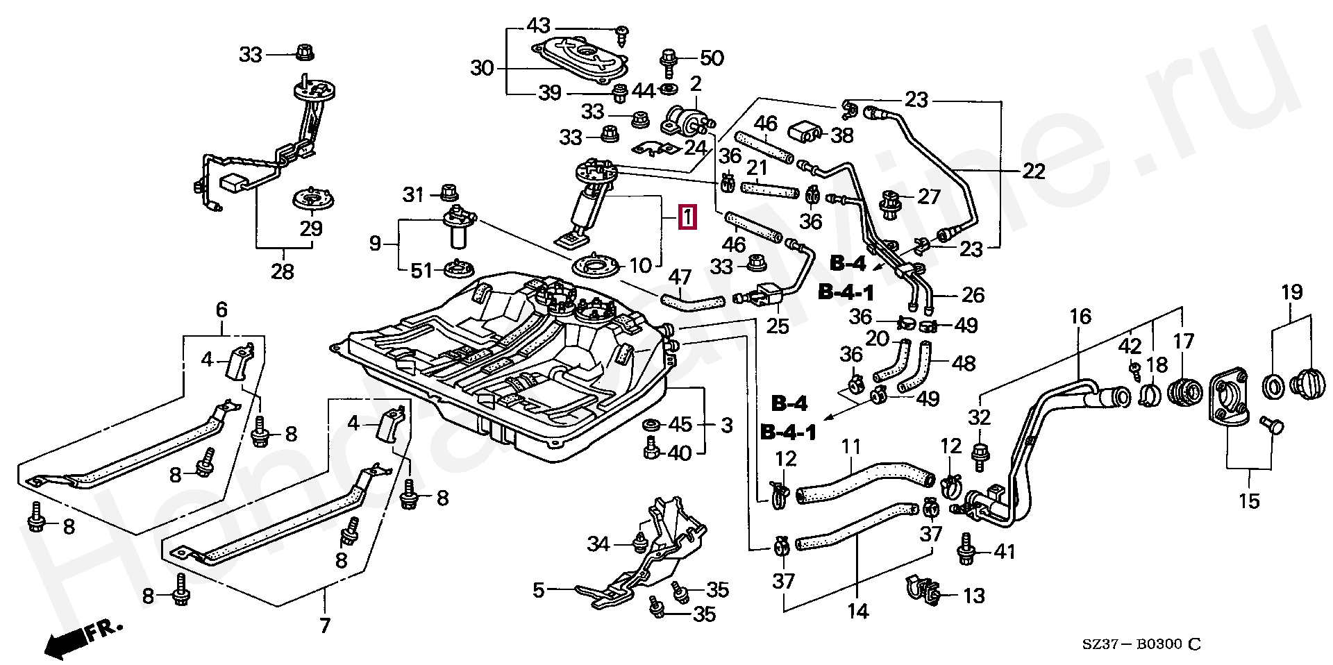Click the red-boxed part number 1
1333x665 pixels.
686,218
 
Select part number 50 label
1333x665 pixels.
711,58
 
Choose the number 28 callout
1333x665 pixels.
283,271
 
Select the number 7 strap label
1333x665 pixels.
325,625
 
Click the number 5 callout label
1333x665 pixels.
539,591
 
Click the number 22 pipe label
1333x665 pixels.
1033,171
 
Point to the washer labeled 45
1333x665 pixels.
652,425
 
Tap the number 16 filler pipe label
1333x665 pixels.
1080,318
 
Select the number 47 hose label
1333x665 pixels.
680,278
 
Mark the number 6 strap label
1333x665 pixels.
221,310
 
